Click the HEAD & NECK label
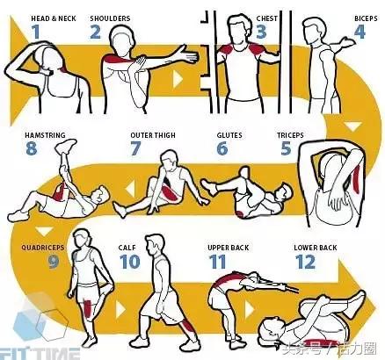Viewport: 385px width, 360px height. [x=54, y=18]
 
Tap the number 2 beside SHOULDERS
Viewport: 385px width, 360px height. [x=95, y=32]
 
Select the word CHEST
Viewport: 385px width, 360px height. [x=266, y=18]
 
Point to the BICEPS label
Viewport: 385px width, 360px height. [x=366, y=18]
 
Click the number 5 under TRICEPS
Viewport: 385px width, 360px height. [x=286, y=148]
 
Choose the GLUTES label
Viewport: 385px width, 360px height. [x=229, y=135]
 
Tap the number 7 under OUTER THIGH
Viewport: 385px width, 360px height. [x=135, y=148]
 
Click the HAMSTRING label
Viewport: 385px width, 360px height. [x=45, y=135]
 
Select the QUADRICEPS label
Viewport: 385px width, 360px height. [x=42, y=248]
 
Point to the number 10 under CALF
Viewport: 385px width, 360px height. [x=130, y=262]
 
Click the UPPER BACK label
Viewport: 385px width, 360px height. [x=229, y=248]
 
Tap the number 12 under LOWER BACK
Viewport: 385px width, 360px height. [x=305, y=262]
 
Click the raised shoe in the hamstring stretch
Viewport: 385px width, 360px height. [x=66, y=146]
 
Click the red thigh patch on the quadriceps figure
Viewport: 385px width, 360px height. [x=88, y=310]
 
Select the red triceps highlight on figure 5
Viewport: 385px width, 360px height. [x=357, y=179]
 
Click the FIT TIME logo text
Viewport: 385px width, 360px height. [x=40, y=354]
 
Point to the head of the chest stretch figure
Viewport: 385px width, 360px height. [x=239, y=29]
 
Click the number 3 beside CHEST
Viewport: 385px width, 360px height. [x=261, y=32]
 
